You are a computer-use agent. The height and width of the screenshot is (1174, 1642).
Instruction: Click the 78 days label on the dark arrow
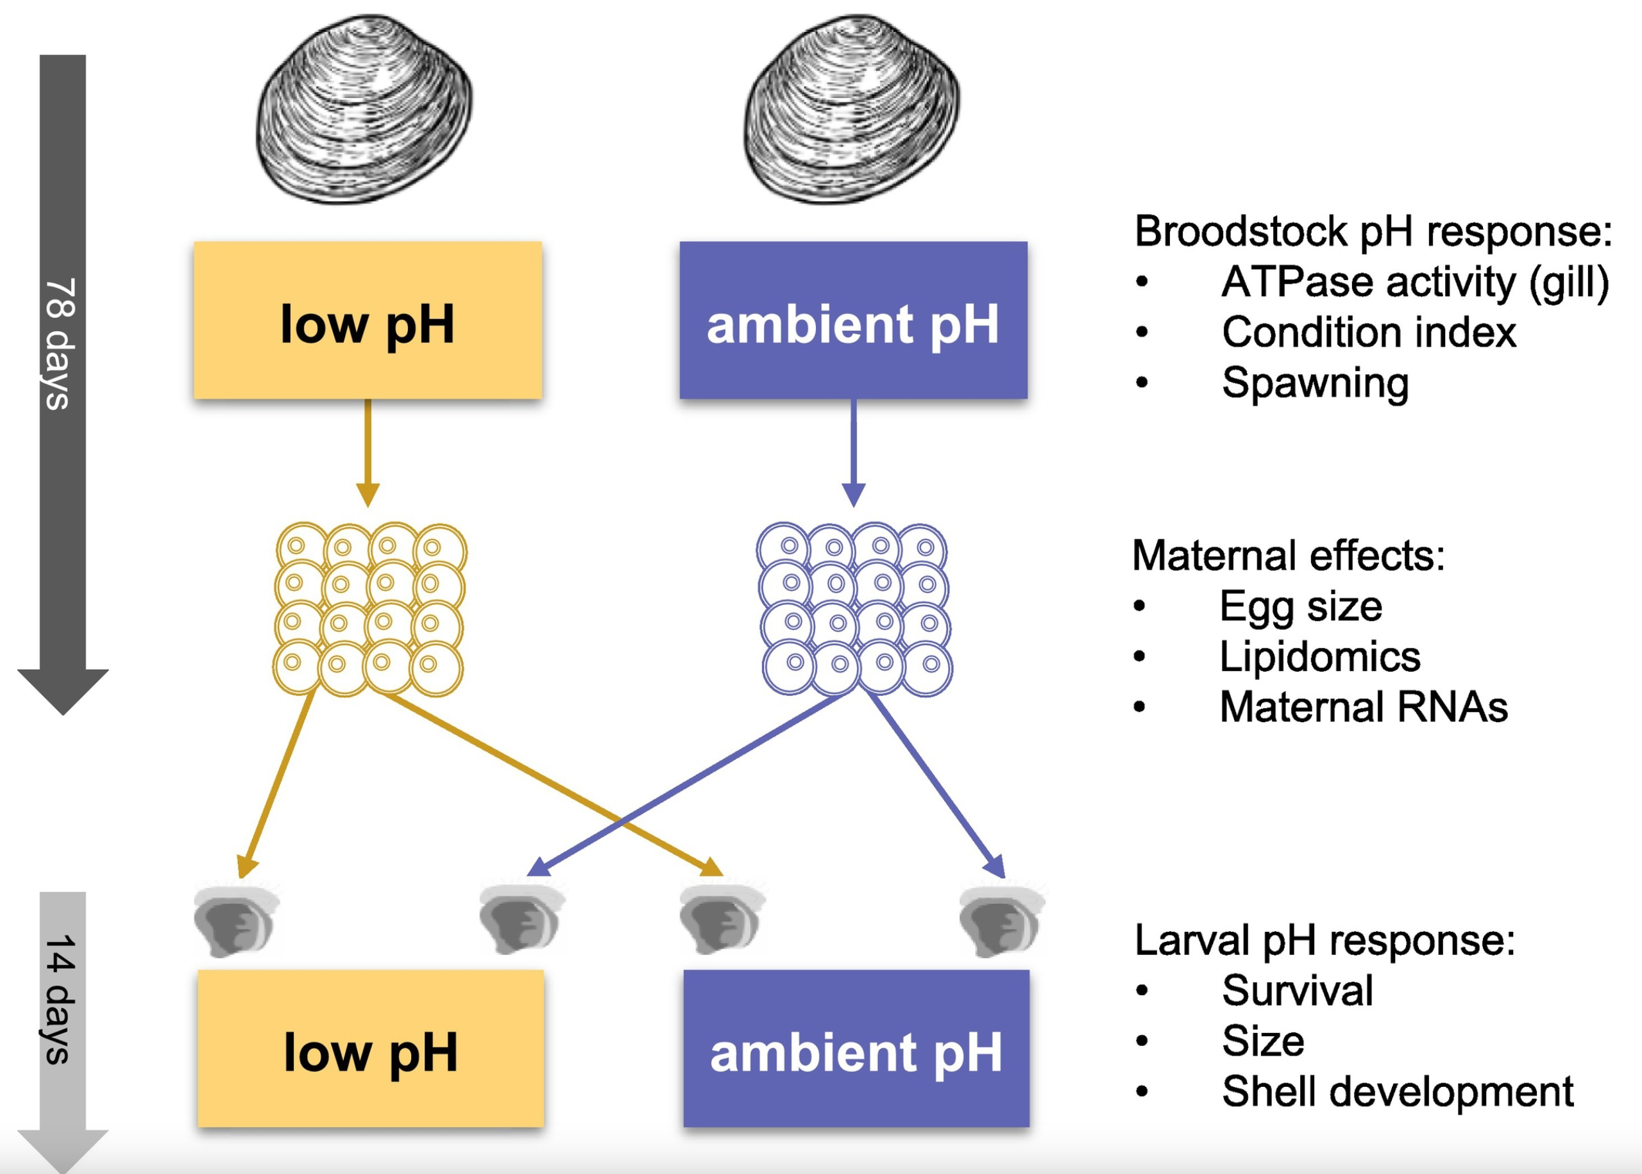click(x=61, y=343)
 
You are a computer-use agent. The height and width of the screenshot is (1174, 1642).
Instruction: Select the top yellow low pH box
click(x=368, y=320)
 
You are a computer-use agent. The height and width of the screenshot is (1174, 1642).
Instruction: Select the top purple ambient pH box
click(x=853, y=320)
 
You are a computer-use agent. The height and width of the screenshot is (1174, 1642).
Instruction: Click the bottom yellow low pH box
click(x=370, y=1048)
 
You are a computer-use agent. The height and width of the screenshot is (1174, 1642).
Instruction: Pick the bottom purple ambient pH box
click(x=856, y=1048)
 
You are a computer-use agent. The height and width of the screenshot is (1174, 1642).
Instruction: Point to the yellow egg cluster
click(x=369, y=609)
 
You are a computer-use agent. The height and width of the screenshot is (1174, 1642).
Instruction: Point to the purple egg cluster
click(x=854, y=609)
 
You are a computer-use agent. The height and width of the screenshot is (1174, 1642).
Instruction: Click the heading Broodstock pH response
click(x=1372, y=231)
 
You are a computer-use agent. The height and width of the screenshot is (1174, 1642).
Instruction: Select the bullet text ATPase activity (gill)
click(x=1414, y=282)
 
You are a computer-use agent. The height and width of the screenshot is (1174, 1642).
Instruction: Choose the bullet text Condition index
click(x=1368, y=333)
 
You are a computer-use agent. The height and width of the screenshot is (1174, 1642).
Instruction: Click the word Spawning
click(x=1314, y=383)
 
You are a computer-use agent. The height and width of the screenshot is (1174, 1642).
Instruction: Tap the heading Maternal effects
click(x=1287, y=556)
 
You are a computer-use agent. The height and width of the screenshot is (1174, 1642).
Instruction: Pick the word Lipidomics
click(x=1319, y=656)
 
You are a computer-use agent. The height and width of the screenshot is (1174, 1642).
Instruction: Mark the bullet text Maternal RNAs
click(x=1363, y=707)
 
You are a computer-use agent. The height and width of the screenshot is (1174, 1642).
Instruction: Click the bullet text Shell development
click(x=1397, y=1091)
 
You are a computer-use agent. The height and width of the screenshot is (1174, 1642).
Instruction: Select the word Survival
click(x=1297, y=990)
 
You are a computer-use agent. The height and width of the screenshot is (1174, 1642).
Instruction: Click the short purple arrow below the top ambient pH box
click(x=854, y=452)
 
